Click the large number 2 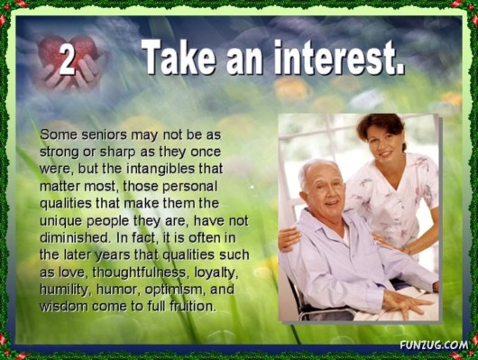(67, 60)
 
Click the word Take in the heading (179, 58)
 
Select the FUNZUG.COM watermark (434, 346)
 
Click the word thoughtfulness (139, 272)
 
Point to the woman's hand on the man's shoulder (290, 238)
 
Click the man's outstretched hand (405, 302)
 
